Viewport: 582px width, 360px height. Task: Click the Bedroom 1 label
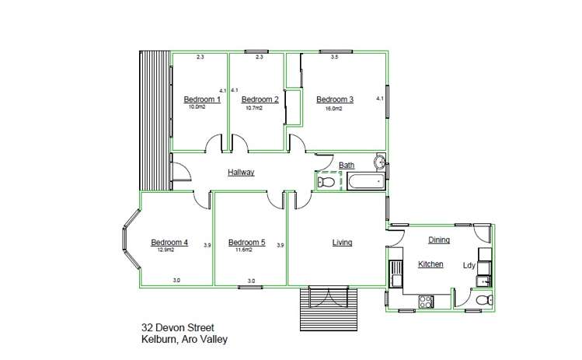tap(202, 100)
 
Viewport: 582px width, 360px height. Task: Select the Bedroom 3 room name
tap(335, 99)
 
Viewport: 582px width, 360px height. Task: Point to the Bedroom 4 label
tap(169, 241)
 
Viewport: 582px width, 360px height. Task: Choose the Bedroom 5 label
tap(246, 243)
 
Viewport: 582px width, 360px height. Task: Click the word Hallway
tap(241, 172)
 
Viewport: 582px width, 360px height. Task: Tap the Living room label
tap(342, 243)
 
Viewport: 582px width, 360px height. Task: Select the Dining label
tap(439, 240)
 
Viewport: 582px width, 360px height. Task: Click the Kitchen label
tap(430, 264)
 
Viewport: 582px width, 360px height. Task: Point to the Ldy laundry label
tap(469, 265)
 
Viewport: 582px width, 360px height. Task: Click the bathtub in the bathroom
tap(365, 182)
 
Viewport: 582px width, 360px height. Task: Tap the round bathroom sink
tap(379, 163)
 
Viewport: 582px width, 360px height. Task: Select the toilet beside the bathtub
tap(326, 182)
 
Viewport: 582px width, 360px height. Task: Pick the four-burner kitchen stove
tap(426, 301)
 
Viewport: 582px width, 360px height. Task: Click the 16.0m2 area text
tap(334, 108)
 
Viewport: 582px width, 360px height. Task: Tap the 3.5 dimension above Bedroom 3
tap(334, 58)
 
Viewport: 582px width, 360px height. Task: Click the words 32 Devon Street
tap(177, 328)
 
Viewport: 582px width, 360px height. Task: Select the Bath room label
tap(347, 165)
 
